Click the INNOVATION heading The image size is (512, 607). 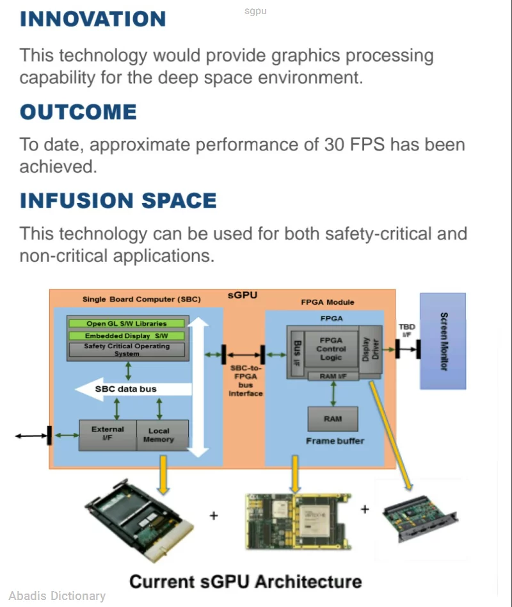93,19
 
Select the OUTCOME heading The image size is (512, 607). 78,112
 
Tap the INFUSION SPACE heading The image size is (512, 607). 118,200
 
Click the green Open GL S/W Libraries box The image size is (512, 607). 127,323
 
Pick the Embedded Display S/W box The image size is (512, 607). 127,336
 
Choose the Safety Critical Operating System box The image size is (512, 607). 127,350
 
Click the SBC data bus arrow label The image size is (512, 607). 125,389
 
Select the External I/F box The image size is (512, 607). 108,434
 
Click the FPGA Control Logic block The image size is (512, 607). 331,349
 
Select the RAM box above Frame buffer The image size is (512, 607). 333,419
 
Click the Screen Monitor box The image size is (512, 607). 443,341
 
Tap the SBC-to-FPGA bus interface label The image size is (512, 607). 246,381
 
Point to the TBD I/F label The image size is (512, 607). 407,330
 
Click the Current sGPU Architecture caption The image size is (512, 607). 245,581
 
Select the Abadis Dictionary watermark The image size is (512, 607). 57,595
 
